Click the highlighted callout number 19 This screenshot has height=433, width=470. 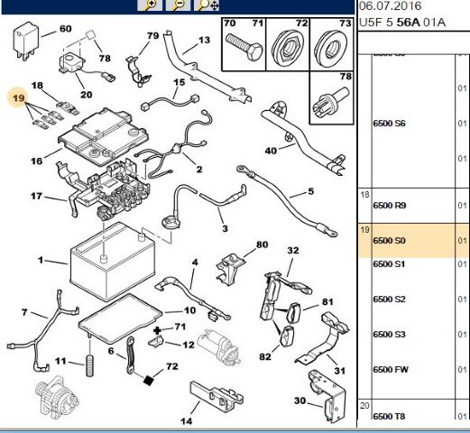(17, 96)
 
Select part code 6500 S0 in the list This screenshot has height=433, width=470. (389, 242)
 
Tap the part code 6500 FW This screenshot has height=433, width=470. (390, 368)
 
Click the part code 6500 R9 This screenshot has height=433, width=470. (390, 206)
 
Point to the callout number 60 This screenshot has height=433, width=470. (65, 29)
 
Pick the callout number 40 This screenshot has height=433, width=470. (271, 150)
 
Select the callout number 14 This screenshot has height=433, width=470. (187, 421)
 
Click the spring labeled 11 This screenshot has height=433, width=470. (89, 368)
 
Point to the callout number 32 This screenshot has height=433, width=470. (292, 250)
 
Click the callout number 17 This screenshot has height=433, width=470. (36, 196)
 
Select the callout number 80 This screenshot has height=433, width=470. (262, 244)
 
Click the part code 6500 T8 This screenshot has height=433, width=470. (390, 416)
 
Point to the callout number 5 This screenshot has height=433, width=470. (309, 190)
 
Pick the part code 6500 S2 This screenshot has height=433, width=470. (389, 299)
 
